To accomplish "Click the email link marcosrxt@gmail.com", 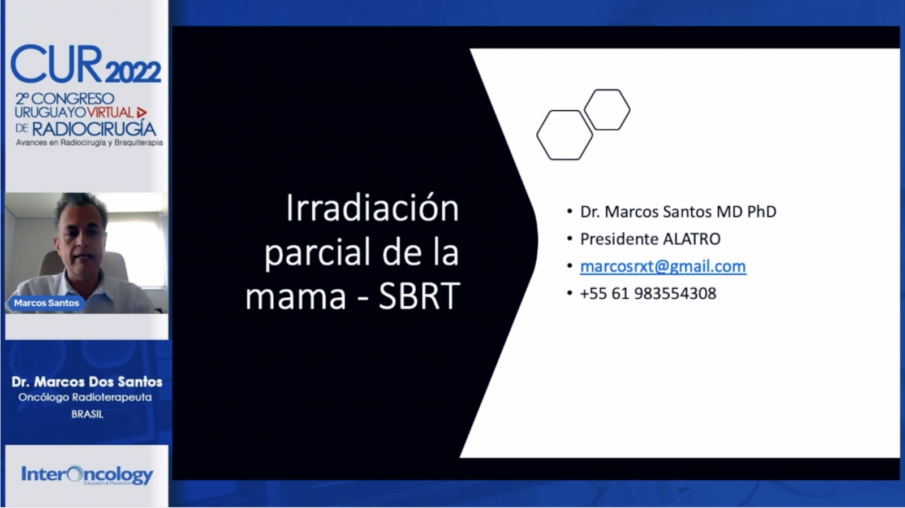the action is pos(663,267).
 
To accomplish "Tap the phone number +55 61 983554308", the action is pos(648,294).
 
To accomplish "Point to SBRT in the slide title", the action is pos(419,296).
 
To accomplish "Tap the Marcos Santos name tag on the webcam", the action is pos(46,303).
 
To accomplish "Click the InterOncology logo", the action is pos(87,475).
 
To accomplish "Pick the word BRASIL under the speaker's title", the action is pos(87,414).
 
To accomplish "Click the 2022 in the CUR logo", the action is pos(133,72).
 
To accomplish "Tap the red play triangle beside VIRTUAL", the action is pos(141,112).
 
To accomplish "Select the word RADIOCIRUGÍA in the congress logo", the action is pos(94,129).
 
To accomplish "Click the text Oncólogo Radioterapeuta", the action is pos(85,397).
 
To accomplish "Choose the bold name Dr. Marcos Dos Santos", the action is pos(87,381).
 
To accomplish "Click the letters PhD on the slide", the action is pos(761,212).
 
